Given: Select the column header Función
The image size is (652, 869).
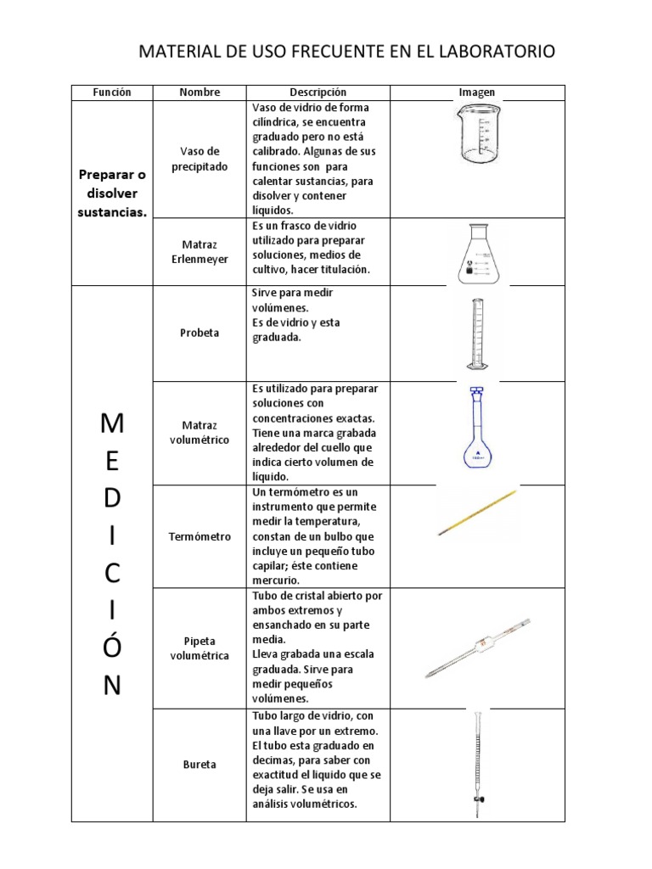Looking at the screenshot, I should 113,93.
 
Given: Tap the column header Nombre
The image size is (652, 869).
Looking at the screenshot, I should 200,93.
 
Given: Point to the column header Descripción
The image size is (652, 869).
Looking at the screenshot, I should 318,93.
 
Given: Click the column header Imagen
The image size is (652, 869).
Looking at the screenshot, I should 477,93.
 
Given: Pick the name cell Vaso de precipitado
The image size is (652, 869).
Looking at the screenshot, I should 200,159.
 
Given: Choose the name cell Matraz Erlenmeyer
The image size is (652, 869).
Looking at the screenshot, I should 200,252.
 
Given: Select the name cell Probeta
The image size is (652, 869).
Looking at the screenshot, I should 200,333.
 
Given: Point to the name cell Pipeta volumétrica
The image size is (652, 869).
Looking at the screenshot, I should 200,648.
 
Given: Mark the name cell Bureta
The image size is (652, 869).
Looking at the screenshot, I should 200,765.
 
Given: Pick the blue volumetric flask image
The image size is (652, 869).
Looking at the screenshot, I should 477,430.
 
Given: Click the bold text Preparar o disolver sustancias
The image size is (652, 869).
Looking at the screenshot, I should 113,193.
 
